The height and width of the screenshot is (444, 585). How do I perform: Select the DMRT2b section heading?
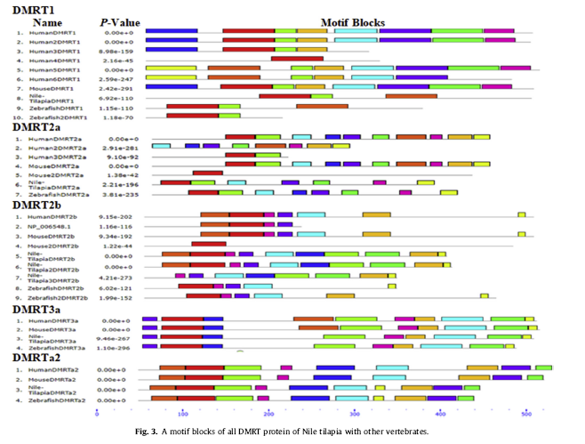click(37, 205)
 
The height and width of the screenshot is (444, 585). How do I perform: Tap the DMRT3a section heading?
click(37, 308)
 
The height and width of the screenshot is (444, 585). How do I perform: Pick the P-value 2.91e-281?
click(123, 147)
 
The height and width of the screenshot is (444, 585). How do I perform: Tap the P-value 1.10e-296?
click(123, 347)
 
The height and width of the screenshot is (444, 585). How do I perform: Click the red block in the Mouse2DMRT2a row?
click(207, 174)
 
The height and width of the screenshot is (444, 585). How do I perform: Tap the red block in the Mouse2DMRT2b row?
click(208, 243)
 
